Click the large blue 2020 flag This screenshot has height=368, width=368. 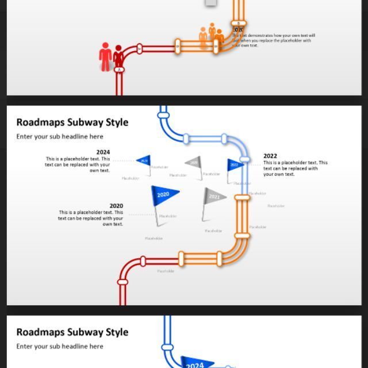[x=164, y=194]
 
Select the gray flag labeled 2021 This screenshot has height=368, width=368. [x=213, y=197]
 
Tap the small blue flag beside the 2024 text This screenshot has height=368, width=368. [x=144, y=161]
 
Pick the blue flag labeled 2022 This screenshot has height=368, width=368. [x=234, y=165]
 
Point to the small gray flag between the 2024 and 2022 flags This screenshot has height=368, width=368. [x=194, y=163]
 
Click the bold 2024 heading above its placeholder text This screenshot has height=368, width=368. [x=103, y=152]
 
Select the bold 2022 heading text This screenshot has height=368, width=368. [x=270, y=156]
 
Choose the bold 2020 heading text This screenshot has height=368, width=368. [x=116, y=206]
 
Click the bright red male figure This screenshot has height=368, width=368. [x=105, y=56]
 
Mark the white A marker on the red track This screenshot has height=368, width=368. [x=120, y=70]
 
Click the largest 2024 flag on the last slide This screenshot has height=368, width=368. [x=195, y=364]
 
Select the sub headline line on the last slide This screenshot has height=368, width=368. [x=60, y=346]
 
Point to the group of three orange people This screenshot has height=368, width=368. [x=211, y=36]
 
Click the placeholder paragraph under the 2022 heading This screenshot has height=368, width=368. [x=295, y=168]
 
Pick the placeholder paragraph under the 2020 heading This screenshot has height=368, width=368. [x=91, y=218]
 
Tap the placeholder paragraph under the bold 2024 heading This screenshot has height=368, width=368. [x=78, y=164]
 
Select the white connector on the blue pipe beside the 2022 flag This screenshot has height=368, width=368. [x=244, y=159]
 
